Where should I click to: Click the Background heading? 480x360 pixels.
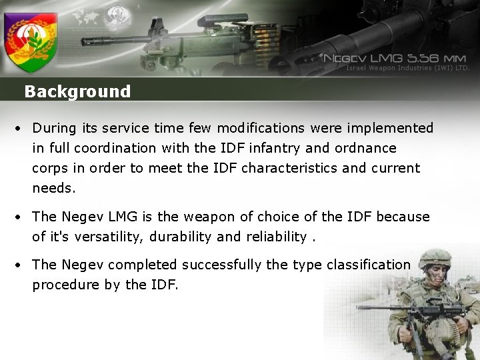tap(77, 91)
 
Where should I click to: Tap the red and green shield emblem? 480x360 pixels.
tap(31, 41)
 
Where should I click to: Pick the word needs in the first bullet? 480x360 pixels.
tap(54, 188)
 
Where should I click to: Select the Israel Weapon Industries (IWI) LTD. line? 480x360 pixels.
tap(408, 67)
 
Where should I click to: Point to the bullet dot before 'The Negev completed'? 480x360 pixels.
tap(22, 265)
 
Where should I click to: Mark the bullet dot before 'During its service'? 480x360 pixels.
tap(22, 128)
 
